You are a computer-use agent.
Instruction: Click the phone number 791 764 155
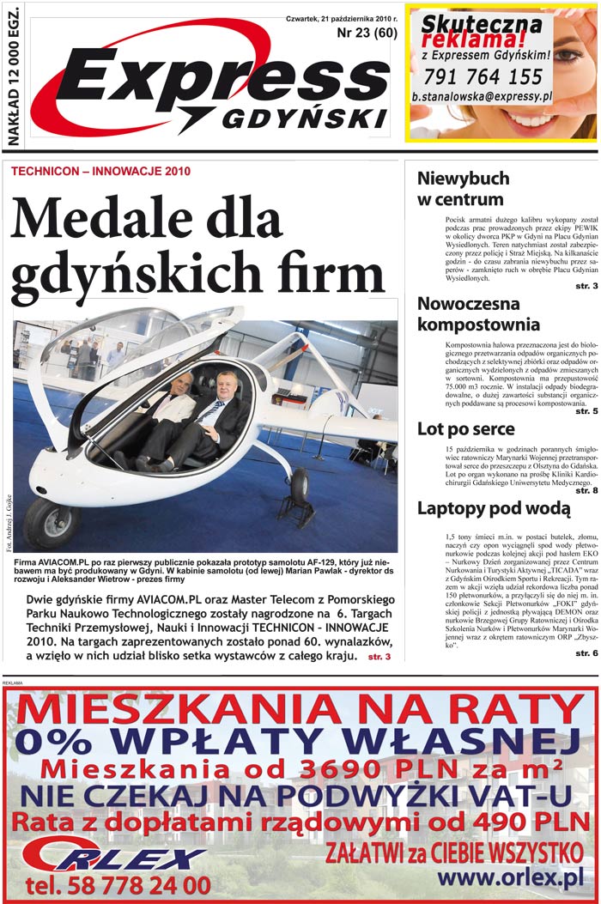(x=482, y=77)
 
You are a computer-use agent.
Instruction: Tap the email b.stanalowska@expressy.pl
(x=481, y=97)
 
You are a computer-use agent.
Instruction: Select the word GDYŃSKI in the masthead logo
(x=300, y=118)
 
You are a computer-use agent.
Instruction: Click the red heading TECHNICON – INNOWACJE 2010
(x=100, y=172)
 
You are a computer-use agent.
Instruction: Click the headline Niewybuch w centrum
(x=463, y=189)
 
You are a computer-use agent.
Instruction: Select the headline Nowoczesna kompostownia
(x=478, y=314)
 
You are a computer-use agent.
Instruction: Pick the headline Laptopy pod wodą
(x=494, y=508)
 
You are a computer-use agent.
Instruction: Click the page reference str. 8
(x=586, y=491)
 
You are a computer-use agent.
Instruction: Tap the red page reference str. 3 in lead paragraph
(x=379, y=658)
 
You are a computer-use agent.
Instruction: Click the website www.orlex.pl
(x=509, y=877)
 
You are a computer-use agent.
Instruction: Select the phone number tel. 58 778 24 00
(x=118, y=884)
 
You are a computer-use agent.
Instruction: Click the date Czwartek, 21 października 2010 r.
(x=336, y=17)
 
